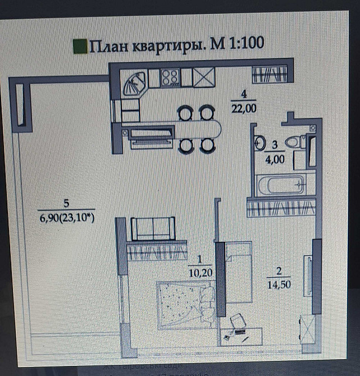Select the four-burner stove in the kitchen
170,77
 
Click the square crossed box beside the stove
204,77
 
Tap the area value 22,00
243,108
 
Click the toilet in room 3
294,143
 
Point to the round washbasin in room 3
260,143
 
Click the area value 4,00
275,159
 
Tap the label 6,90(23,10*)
67,218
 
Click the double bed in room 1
184,303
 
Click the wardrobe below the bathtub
279,208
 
